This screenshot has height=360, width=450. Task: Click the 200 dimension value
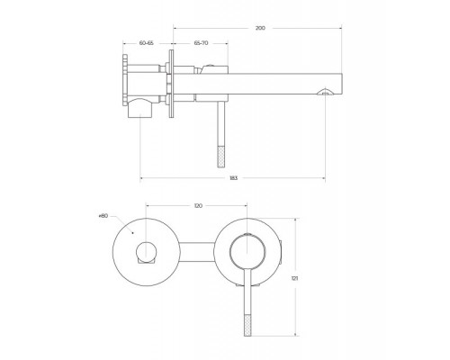click(260, 28)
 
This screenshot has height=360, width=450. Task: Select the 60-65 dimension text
click(147, 43)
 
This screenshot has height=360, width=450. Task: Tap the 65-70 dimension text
click(201, 43)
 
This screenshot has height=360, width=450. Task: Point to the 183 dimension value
click(233, 178)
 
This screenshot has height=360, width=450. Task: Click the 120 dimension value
click(198, 206)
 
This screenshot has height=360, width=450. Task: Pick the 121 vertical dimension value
click(295, 278)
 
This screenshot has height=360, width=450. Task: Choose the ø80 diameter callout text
click(103, 216)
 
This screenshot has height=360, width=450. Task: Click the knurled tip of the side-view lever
click(221, 157)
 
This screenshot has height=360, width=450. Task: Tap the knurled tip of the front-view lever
click(247, 325)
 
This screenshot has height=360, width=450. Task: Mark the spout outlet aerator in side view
click(325, 92)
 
